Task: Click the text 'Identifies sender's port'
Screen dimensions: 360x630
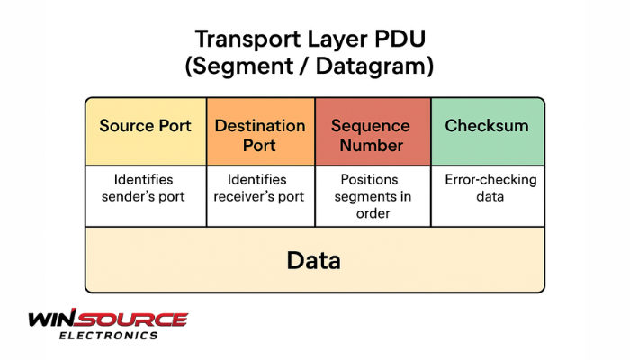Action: click(145, 188)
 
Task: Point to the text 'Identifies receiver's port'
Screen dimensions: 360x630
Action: click(260, 188)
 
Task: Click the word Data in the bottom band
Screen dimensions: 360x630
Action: click(314, 261)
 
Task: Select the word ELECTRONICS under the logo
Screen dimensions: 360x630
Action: click(108, 335)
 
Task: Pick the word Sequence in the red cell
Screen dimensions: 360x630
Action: click(371, 125)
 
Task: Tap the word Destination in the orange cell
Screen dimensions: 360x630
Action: click(261, 125)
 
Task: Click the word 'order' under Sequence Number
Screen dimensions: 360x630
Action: click(372, 213)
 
